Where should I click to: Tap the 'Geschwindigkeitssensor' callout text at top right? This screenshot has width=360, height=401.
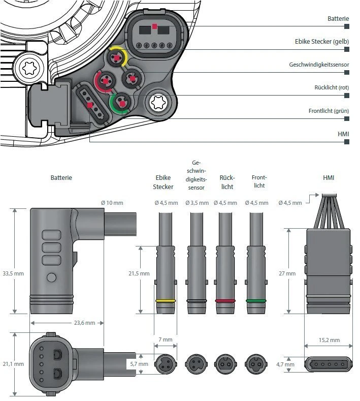click(x=319, y=65)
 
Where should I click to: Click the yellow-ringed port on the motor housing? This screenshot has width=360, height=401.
click(x=117, y=58)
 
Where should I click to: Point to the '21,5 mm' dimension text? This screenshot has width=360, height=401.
click(x=139, y=273)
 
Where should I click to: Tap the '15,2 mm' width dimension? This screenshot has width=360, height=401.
click(x=329, y=340)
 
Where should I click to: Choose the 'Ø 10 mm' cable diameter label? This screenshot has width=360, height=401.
click(x=112, y=203)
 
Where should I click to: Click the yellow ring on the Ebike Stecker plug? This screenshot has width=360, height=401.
click(x=166, y=301)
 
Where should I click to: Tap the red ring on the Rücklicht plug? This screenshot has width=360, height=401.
click(x=225, y=301)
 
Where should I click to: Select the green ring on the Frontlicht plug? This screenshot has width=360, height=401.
click(x=256, y=301)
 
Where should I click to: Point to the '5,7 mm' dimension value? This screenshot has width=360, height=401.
click(x=138, y=364)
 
